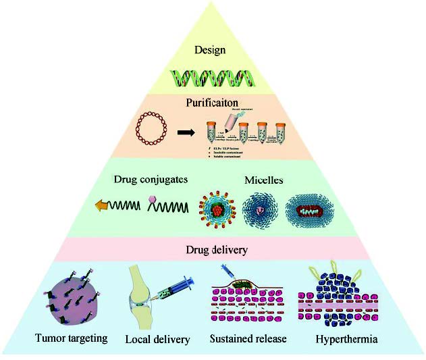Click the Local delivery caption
click(157, 338)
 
